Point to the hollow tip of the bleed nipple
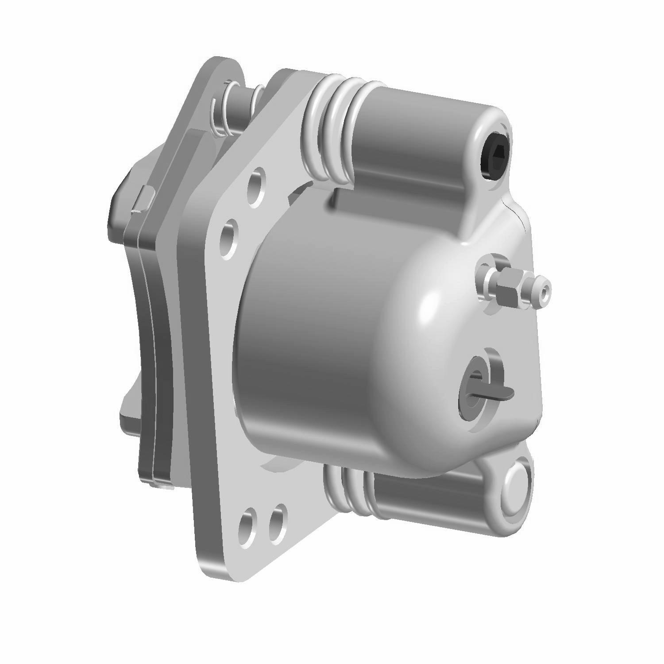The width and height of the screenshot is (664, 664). [x=545, y=290]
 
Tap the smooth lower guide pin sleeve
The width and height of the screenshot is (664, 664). [x=425, y=496]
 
